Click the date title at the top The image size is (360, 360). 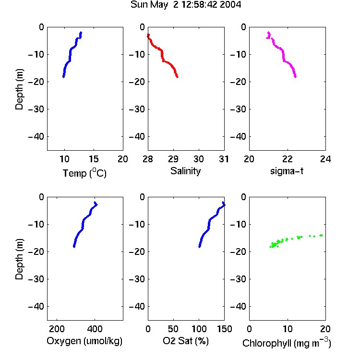(x=186, y=4)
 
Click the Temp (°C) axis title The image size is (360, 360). (x=84, y=173)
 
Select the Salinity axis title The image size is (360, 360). (x=185, y=171)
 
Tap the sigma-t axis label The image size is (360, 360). (x=287, y=171)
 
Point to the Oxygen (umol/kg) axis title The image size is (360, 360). (x=84, y=341)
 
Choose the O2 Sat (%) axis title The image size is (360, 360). (x=186, y=341)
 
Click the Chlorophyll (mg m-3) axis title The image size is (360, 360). (x=287, y=343)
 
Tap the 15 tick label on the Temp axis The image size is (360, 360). (x=94, y=159)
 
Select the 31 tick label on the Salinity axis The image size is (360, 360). (x=224, y=159)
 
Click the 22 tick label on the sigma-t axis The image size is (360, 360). (x=288, y=159)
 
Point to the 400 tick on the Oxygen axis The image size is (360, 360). (x=95, y=329)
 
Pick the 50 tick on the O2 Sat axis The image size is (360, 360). (x=173, y=329)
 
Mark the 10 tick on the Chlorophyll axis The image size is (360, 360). (x=288, y=329)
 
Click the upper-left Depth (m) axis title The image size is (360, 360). (x=19, y=89)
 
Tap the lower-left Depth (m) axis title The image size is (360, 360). (x=19, y=259)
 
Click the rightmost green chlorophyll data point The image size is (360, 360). (x=322, y=235)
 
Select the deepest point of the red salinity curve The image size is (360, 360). (x=177, y=77)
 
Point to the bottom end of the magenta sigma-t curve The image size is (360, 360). (x=296, y=77)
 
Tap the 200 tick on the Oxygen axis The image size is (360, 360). (x=57, y=329)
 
